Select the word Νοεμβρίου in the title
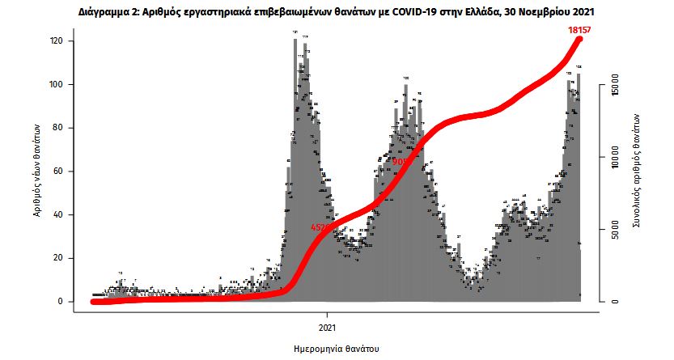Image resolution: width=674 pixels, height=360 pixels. pyautogui.click(x=548, y=14)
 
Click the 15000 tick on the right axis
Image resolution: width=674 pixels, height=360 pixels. pyautogui.click(x=615, y=83)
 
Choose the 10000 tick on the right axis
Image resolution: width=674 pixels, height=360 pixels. pyautogui.click(x=615, y=156)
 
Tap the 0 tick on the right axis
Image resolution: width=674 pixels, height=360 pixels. pyautogui.click(x=615, y=301)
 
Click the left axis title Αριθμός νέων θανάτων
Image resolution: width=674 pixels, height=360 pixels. pyautogui.click(x=36, y=172)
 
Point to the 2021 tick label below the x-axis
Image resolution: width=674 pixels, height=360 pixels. pyautogui.click(x=328, y=328)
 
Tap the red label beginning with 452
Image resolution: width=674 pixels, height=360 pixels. pyautogui.click(x=320, y=228)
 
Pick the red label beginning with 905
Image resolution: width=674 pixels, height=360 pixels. pyautogui.click(x=401, y=162)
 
